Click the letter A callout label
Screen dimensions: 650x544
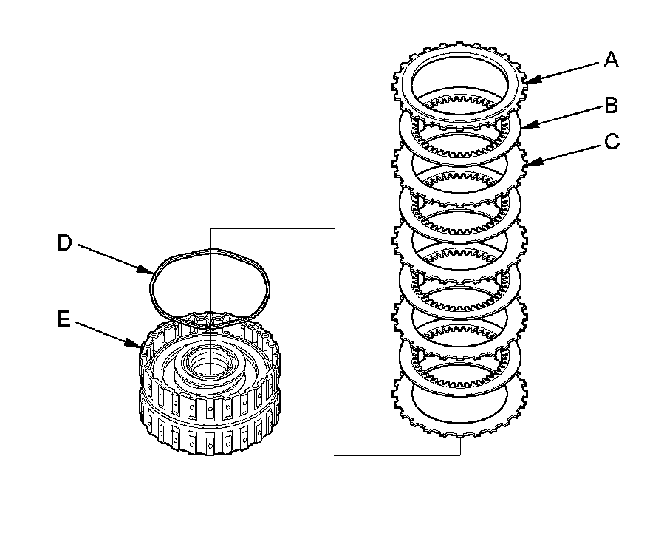611,60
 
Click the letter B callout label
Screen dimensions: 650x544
611,106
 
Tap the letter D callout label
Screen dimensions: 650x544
65,242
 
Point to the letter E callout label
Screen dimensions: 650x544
64,319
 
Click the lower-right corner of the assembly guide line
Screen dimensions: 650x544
460,455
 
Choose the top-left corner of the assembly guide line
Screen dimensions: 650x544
211,228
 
